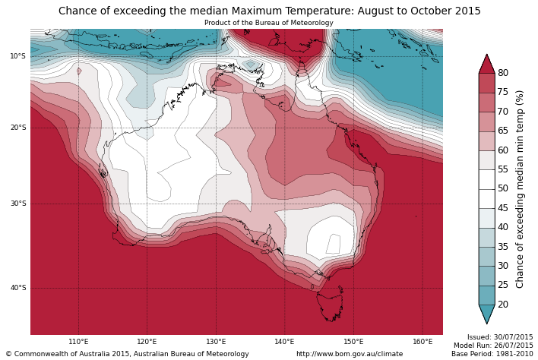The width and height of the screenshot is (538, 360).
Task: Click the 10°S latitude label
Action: coord(17,56)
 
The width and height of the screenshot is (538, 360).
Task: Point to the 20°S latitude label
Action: coord(17,128)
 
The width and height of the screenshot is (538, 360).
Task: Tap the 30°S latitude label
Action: coord(17,204)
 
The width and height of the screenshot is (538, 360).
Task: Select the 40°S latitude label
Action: coord(17,288)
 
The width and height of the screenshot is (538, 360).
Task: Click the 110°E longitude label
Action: coord(78,342)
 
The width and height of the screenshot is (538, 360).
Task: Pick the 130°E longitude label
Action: coord(216,342)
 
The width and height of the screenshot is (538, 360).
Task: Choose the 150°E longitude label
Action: coord(353,342)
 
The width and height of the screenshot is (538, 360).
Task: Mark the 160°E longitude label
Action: coord(422,342)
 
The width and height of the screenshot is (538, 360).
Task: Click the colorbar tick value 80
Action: coord(503,73)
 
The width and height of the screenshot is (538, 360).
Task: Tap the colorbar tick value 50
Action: coord(503,188)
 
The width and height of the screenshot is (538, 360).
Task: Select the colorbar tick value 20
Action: coord(503,305)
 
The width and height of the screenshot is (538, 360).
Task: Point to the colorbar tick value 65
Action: coord(503,131)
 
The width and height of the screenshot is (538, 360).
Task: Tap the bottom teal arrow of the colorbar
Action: coord(486,314)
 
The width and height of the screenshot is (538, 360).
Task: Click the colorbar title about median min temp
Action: coord(521,188)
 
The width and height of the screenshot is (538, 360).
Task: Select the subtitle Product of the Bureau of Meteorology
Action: coord(268,23)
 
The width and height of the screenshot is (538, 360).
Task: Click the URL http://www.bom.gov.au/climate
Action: coord(350,354)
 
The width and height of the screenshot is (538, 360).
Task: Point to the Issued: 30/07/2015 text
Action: coord(499,337)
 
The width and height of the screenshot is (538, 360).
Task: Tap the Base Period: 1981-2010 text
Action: coord(492,354)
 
